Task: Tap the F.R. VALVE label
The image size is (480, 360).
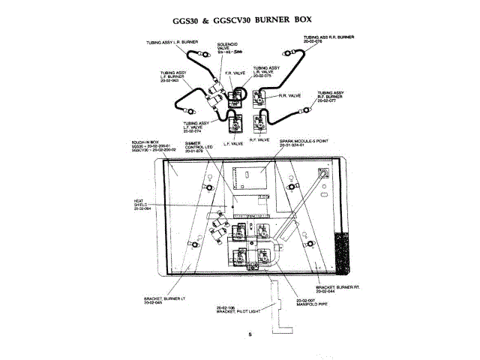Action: pos(235,73)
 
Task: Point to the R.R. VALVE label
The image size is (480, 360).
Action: pos(289,96)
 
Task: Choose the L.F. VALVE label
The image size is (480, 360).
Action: pos(234,142)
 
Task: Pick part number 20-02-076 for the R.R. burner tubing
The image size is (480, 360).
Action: pos(313,41)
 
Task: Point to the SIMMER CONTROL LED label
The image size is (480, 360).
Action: pos(199,145)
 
